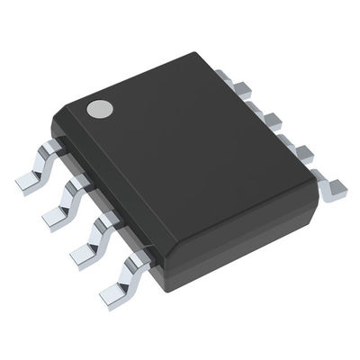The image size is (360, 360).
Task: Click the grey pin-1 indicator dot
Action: [x=99, y=110]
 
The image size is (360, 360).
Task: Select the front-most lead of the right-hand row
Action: [x=330, y=186]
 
